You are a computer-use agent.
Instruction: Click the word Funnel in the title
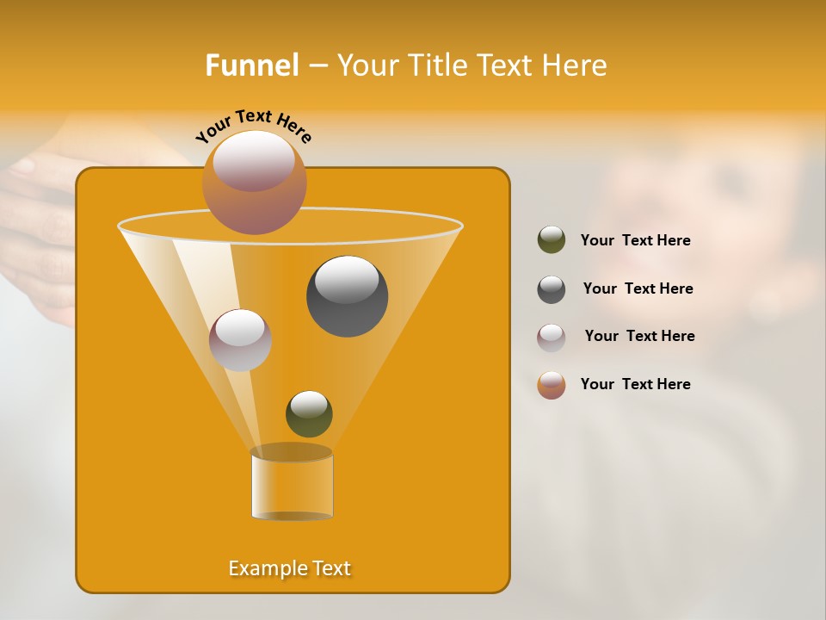pos(251,65)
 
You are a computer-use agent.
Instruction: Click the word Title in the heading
pos(437,65)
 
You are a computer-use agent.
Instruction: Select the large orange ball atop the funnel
pos(254,183)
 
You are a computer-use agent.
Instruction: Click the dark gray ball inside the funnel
pos(347,296)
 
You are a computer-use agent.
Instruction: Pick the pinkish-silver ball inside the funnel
pos(240,340)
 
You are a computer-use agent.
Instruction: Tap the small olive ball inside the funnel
pos(309,414)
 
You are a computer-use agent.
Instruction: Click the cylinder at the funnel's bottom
pos(292,484)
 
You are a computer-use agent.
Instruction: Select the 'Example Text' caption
pos(290,568)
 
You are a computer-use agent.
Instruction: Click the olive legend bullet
pos(552,240)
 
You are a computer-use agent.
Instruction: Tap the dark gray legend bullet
pos(552,289)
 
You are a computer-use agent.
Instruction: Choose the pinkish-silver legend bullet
pos(552,338)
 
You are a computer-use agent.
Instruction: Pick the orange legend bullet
pos(552,385)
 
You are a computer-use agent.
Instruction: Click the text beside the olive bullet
pos(635,241)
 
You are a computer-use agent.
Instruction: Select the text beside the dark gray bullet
pos(638,289)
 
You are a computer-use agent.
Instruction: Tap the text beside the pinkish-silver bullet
pos(639,337)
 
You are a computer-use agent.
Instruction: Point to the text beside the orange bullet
pos(635,384)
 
